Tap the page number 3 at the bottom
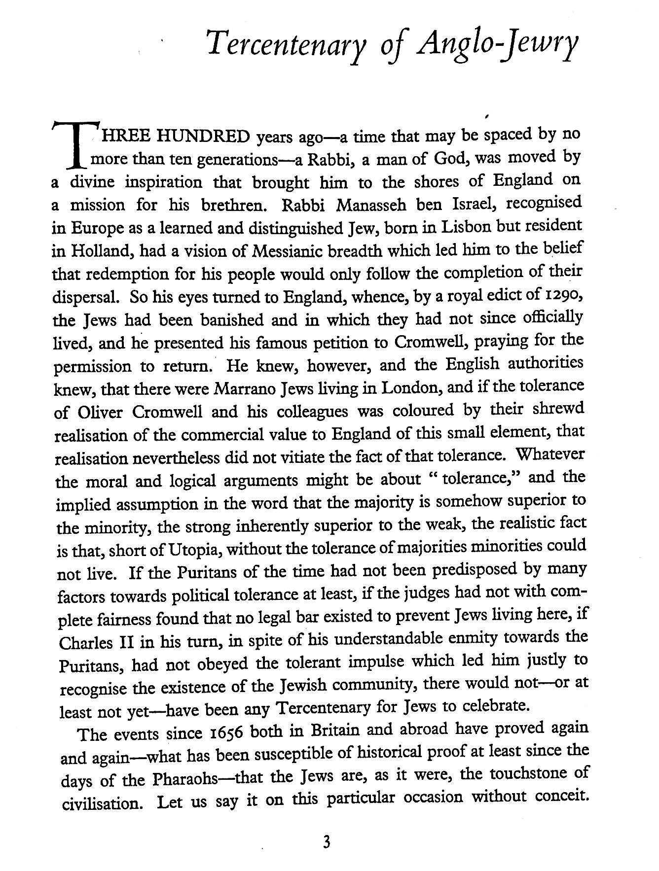coord(326,842)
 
